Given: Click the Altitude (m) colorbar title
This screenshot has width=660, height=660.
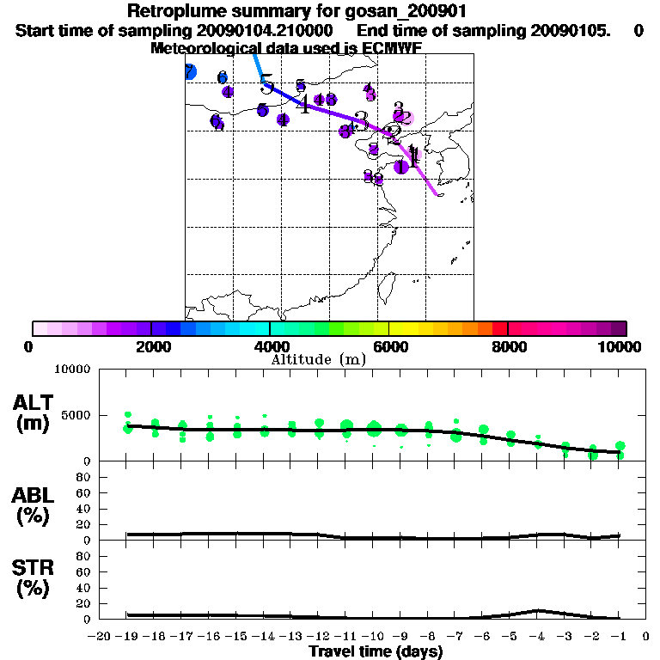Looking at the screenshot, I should tap(319, 359).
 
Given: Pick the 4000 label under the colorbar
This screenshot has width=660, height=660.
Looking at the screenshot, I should tap(270, 346).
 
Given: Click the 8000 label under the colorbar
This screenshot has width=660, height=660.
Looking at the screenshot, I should tap(508, 346).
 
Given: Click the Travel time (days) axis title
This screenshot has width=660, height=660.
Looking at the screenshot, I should tap(376, 652).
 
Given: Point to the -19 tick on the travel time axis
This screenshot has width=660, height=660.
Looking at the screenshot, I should tap(126, 637).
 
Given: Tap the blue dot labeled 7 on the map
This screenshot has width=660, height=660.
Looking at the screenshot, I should tap(190, 72).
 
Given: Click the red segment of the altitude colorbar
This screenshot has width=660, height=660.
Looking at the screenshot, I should tap(499, 328).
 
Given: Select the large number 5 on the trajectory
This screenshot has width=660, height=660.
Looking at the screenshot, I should tap(267, 85).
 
